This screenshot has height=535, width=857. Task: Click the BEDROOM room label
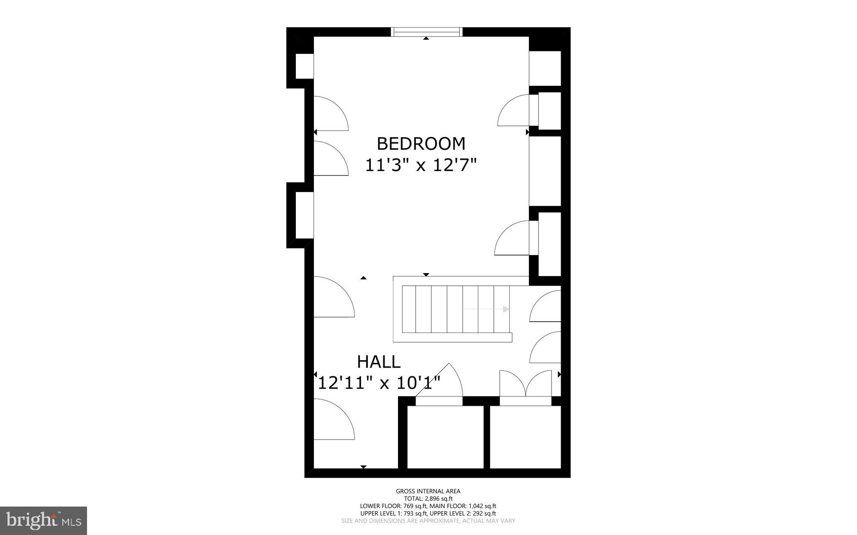(421, 144)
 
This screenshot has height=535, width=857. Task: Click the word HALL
(379, 362)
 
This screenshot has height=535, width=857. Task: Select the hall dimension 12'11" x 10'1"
(379, 383)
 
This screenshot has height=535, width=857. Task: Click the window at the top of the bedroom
(426, 32)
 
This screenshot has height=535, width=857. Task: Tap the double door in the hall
(526, 384)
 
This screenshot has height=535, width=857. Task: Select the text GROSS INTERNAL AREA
(428, 491)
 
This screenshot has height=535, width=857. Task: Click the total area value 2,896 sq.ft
(439, 499)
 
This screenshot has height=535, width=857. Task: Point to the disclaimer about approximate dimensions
(428, 521)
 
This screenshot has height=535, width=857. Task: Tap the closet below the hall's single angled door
(445, 437)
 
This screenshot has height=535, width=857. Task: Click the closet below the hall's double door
(525, 437)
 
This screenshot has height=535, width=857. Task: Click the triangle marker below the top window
(426, 38)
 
